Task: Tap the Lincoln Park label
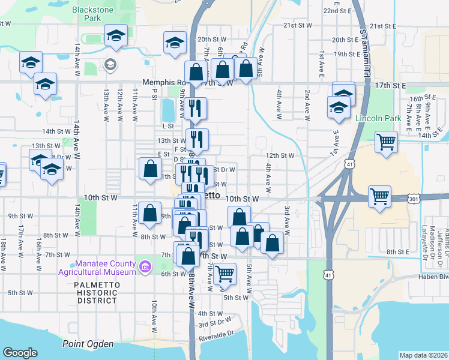[x=377, y=119]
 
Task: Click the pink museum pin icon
[x=144, y=266]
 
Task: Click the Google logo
[x=20, y=353]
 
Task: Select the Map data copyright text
[x=423, y=355]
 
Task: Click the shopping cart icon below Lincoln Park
[x=386, y=143]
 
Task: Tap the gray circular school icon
[x=110, y=64]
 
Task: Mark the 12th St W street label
[x=280, y=155]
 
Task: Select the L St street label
[x=167, y=126]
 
